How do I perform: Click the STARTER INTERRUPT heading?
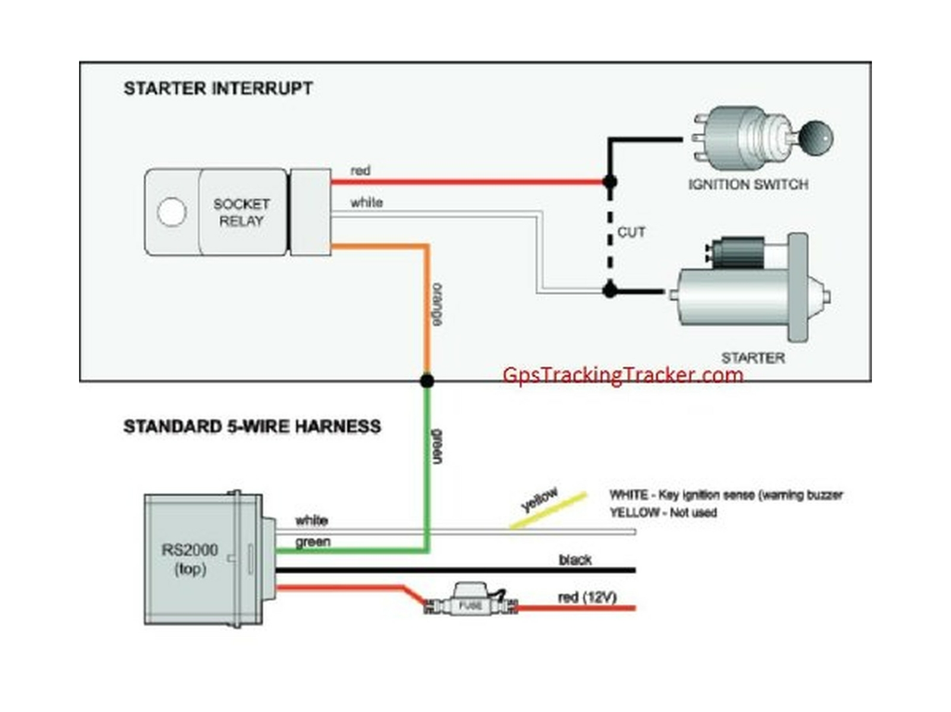pyautogui.click(x=218, y=89)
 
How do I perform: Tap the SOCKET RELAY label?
pyautogui.click(x=241, y=213)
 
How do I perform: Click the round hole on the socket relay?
pyautogui.click(x=172, y=212)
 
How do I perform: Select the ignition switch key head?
pyautogui.click(x=815, y=137)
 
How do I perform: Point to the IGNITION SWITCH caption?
pyautogui.click(x=748, y=185)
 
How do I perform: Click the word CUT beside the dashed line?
pyautogui.click(x=631, y=232)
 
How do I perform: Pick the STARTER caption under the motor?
pyautogui.click(x=752, y=358)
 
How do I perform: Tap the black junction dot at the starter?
pyautogui.click(x=610, y=291)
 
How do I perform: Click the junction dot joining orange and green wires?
pyautogui.click(x=427, y=380)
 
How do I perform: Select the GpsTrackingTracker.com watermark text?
pyautogui.click(x=622, y=375)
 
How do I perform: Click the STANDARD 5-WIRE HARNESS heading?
pyautogui.click(x=252, y=427)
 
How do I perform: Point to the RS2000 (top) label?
pyautogui.click(x=190, y=559)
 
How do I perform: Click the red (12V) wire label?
pyautogui.click(x=587, y=597)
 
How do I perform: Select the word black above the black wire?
pyautogui.click(x=575, y=560)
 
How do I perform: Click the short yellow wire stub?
pyautogui.click(x=548, y=511)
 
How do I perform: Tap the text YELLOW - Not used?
pyautogui.click(x=663, y=512)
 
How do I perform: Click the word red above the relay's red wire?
pyautogui.click(x=360, y=171)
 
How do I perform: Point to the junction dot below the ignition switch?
pyautogui.click(x=610, y=182)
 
